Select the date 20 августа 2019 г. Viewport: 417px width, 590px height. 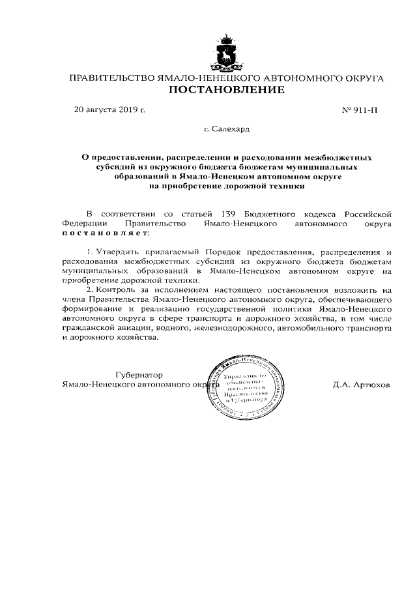[x=109, y=110]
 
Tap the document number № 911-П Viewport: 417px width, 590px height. [x=359, y=110]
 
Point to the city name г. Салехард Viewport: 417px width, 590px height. [x=226, y=130]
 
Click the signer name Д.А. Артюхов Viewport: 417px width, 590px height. [x=360, y=385]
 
